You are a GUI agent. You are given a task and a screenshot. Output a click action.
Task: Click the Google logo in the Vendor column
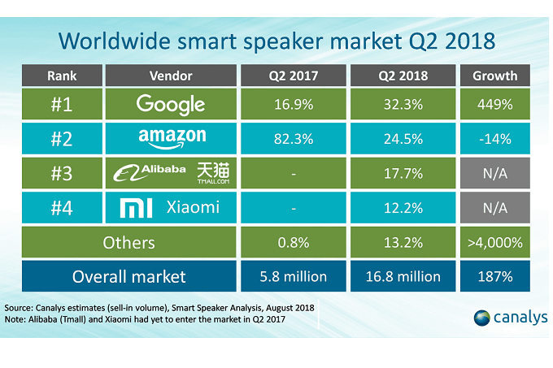click(x=171, y=104)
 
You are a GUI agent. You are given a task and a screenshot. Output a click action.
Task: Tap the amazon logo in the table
click(x=172, y=138)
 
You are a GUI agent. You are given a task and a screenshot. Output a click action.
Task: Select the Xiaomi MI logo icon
click(x=133, y=207)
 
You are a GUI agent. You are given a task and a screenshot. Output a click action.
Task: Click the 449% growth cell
click(x=494, y=104)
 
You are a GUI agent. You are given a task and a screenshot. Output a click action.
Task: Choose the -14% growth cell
click(x=494, y=139)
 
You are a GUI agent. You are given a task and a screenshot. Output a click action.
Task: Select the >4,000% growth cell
click(x=494, y=242)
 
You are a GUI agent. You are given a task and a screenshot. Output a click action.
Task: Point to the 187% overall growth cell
click(x=494, y=276)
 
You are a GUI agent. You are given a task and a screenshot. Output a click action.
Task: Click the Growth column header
click(x=494, y=76)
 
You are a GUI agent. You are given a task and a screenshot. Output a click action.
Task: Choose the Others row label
click(x=128, y=242)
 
